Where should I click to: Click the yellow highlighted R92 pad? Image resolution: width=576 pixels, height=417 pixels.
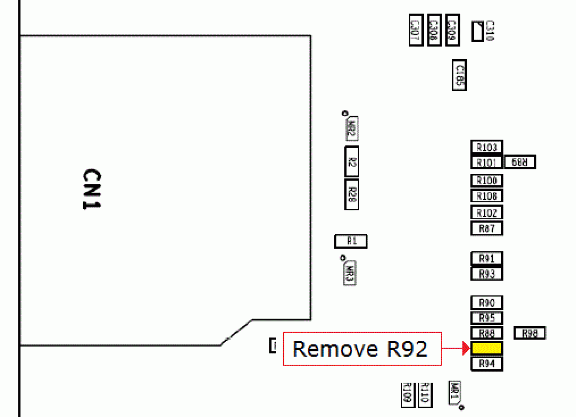pyautogui.click(x=487, y=348)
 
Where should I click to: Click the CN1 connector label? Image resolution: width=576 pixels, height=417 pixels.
pyautogui.click(x=91, y=189)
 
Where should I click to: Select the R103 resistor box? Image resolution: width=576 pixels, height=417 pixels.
pyautogui.click(x=487, y=147)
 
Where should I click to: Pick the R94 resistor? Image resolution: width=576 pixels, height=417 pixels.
pyautogui.click(x=487, y=364)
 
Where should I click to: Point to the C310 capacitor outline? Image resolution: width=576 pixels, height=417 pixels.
pyautogui.click(x=477, y=31)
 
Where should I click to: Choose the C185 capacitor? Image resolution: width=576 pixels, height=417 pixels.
pyautogui.click(x=459, y=75)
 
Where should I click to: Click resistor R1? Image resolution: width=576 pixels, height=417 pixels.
pyautogui.click(x=351, y=241)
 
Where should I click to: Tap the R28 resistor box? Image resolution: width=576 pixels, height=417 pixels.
pyautogui.click(x=351, y=195)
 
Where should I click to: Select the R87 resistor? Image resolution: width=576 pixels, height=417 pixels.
pyautogui.click(x=487, y=228)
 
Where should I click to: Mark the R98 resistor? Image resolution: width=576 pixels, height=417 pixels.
pyautogui.click(x=530, y=333)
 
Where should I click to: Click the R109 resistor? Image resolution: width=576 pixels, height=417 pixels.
pyautogui.click(x=407, y=395)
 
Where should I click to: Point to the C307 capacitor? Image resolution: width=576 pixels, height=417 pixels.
pyautogui.click(x=415, y=30)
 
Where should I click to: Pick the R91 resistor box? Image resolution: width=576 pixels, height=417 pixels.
pyautogui.click(x=487, y=259)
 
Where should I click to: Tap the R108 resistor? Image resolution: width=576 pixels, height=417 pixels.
pyautogui.click(x=487, y=196)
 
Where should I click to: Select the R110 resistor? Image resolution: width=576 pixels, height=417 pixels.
pyautogui.click(x=425, y=395)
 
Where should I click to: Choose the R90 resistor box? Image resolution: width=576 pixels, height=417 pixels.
pyautogui.click(x=487, y=303)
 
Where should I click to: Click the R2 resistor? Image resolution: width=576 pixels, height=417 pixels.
pyautogui.click(x=351, y=161)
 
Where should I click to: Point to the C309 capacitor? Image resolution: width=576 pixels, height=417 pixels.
pyautogui.click(x=453, y=30)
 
